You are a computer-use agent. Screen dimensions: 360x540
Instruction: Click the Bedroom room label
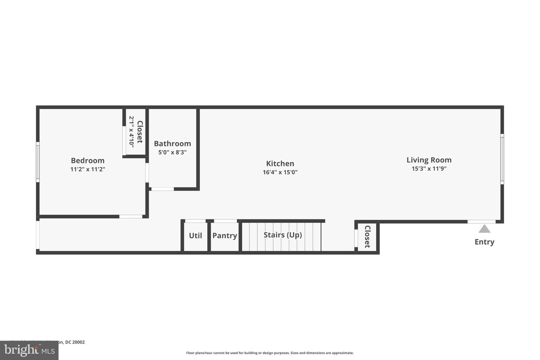[87, 161]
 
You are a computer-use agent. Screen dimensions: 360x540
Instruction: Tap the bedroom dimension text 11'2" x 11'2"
[87, 169]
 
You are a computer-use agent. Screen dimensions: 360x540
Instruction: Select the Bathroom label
[172, 144]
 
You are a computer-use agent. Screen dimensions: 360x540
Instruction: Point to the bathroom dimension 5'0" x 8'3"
[172, 153]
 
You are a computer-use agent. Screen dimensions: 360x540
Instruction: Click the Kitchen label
[280, 163]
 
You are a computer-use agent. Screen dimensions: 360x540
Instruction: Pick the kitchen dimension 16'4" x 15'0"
[280, 172]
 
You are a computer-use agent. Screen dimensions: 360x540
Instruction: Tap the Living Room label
[429, 160]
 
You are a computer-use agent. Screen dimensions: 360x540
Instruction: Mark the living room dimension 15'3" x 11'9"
[429, 169]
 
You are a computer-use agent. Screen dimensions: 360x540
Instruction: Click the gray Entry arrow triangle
[484, 229]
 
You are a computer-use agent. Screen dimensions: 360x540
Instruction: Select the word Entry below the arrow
[484, 242]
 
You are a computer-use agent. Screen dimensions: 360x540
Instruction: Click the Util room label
[195, 235]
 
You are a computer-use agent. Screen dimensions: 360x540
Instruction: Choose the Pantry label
[225, 235]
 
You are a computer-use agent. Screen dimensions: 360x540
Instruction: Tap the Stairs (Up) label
[282, 235]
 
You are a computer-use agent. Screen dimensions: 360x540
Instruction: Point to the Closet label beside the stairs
[367, 237]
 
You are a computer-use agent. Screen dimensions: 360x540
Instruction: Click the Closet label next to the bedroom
[139, 132]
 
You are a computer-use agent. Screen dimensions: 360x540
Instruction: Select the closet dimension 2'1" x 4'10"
[131, 132]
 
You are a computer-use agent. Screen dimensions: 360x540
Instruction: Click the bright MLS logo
[29, 350]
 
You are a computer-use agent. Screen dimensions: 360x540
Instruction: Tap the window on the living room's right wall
[502, 159]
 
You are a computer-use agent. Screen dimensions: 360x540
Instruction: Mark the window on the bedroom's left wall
[37, 162]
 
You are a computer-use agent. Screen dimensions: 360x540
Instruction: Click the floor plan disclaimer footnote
[270, 353]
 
